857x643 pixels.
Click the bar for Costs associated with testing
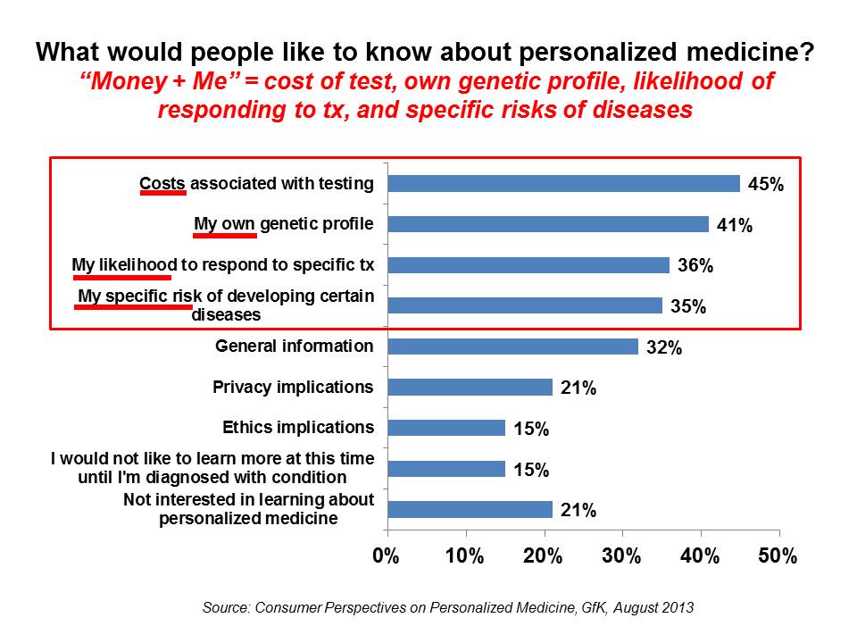tap(563, 183)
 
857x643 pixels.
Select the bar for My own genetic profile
tap(548, 224)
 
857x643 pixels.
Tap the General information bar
tap(512, 347)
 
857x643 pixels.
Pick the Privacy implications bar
tap(470, 387)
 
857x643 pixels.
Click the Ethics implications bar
tap(446, 428)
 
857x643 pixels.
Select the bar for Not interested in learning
tap(470, 509)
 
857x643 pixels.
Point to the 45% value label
tap(766, 185)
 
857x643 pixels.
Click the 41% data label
tap(735, 226)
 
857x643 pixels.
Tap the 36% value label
tap(695, 266)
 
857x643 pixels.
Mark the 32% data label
tap(664, 348)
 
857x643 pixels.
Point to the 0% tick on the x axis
tap(387, 556)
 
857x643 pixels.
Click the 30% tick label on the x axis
tap(621, 556)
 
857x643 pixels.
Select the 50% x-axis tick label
tap(778, 556)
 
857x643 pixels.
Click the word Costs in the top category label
tap(162, 183)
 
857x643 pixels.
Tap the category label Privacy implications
tap(293, 387)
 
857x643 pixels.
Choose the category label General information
tap(295, 346)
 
